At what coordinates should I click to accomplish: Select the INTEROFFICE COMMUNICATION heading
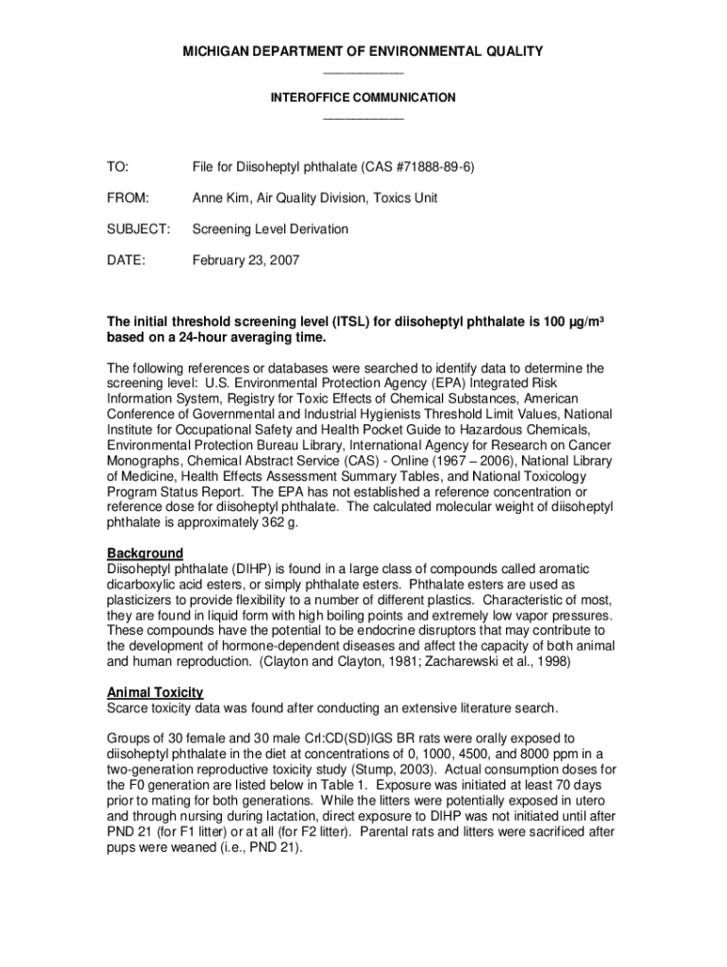363,97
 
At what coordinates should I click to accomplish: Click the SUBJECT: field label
138,229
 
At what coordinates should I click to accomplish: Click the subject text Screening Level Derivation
270,229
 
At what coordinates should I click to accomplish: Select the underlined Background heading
144,552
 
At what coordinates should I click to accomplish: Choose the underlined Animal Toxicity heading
155,692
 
